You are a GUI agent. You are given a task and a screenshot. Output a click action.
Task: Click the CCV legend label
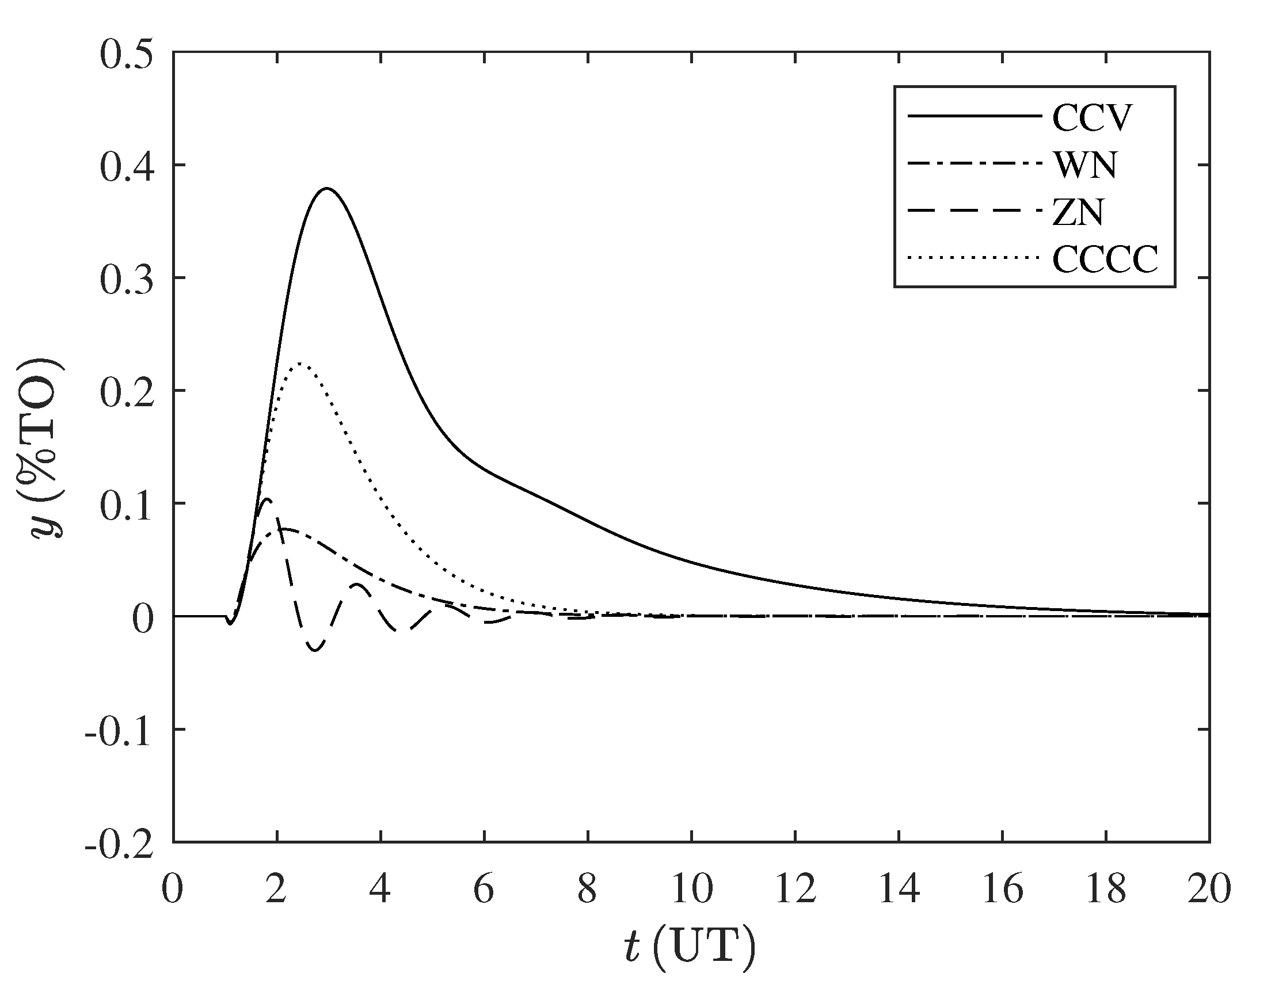1091,119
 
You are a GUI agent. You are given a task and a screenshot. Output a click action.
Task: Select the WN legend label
1085,166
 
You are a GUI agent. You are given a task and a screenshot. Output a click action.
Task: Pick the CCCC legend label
1105,260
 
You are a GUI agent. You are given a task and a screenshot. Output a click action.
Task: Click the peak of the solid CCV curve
327,189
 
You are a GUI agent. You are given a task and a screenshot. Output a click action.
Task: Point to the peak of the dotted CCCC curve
299,363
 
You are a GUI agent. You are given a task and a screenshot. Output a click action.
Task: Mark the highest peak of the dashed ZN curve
268,499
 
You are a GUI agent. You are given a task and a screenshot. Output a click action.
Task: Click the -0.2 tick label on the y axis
120,843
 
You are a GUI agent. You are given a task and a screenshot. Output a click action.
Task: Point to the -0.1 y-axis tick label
120,731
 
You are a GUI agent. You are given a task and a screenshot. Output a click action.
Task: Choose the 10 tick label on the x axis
692,890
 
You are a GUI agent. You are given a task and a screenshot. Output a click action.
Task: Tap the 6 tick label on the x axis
484,890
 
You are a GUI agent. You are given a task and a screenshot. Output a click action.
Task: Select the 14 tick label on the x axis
899,890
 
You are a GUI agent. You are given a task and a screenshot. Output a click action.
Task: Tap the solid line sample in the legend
975,116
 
